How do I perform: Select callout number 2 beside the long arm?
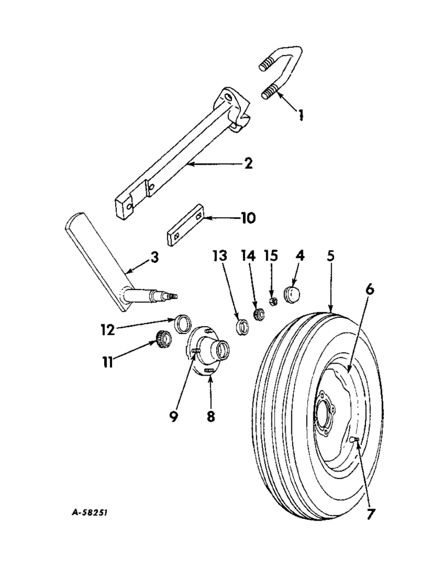coord(248,164)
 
